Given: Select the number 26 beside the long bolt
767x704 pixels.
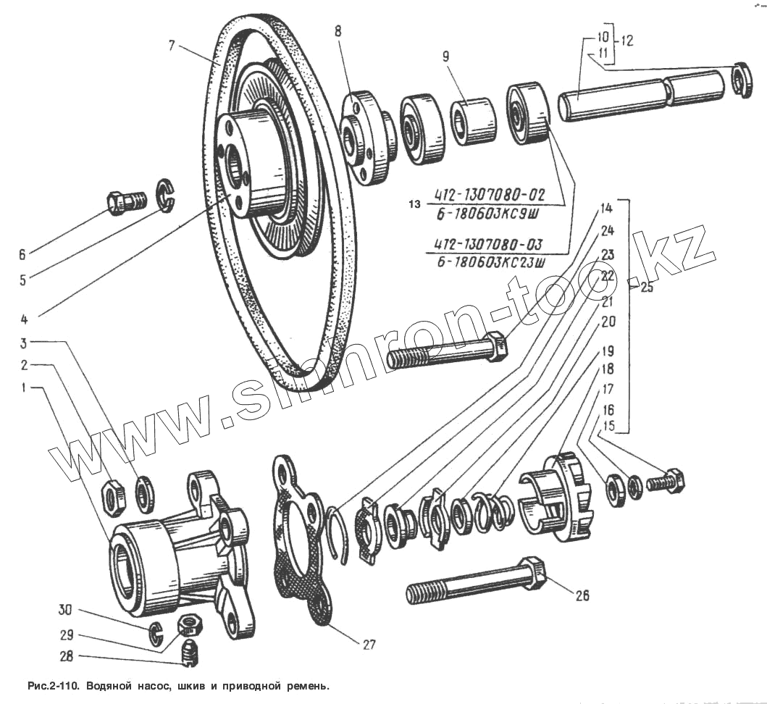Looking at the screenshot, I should [x=582, y=595].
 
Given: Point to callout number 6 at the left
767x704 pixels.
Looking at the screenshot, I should [x=22, y=254].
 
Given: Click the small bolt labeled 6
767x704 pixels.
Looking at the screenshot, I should [x=124, y=201].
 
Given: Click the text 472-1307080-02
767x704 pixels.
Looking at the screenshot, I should [x=488, y=194].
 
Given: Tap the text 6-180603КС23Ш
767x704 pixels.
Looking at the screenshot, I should [x=490, y=261].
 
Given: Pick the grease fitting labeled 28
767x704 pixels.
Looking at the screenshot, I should [x=190, y=651].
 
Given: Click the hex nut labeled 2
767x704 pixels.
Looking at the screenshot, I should [x=113, y=496].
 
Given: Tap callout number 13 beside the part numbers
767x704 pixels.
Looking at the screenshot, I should [x=414, y=205].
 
